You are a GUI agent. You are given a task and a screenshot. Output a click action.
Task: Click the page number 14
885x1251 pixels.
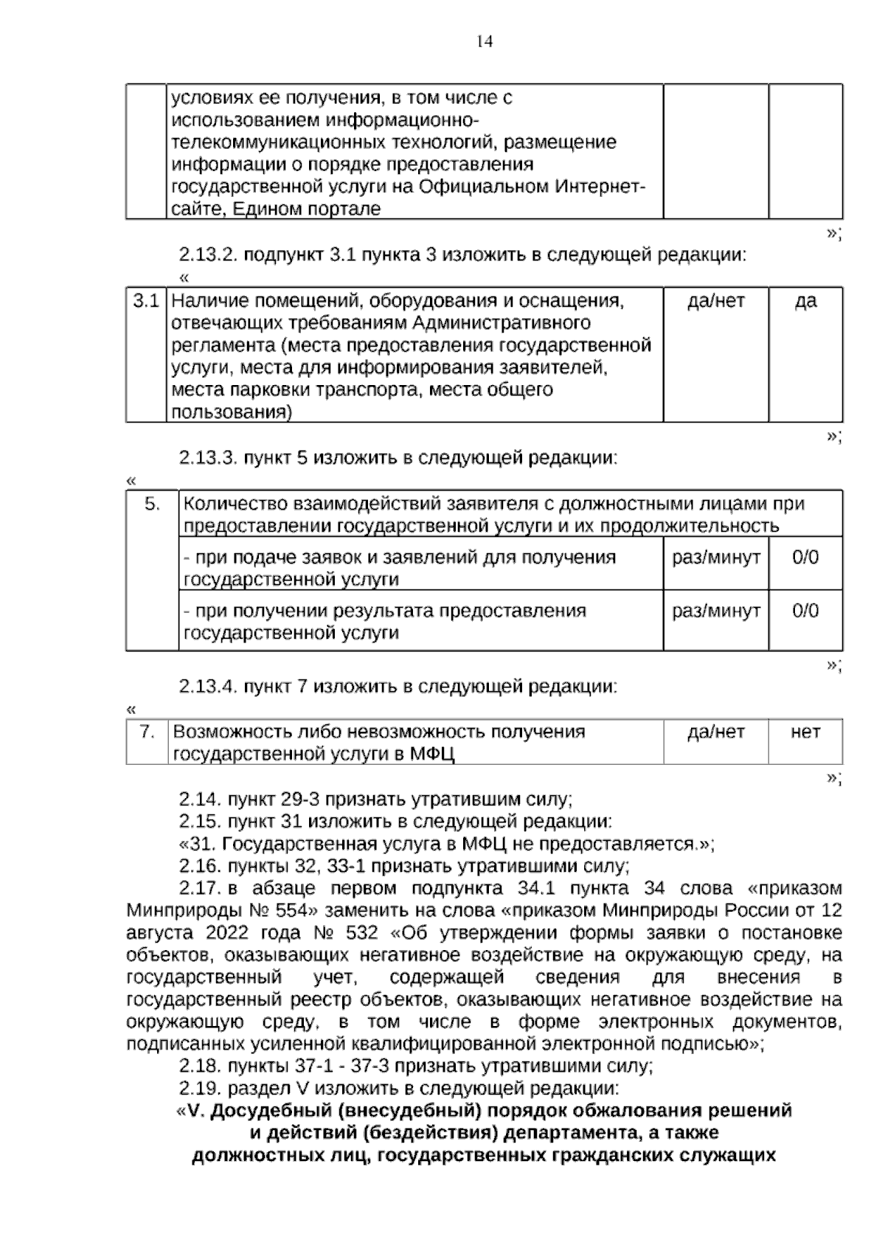(x=484, y=41)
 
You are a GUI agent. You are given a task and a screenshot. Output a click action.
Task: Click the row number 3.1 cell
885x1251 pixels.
(x=146, y=301)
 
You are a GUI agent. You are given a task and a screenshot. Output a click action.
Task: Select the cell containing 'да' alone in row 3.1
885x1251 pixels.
(x=805, y=301)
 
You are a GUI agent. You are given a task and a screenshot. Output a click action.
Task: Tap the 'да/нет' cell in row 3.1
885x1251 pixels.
(x=715, y=301)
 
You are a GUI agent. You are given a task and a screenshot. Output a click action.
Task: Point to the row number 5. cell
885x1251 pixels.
(x=152, y=505)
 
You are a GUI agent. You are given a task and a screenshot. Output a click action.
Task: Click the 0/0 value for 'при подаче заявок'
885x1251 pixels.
(x=805, y=558)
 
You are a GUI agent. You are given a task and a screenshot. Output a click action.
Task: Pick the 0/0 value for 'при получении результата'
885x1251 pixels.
(x=805, y=611)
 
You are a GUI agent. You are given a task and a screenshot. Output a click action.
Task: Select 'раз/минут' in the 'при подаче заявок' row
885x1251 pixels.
(x=715, y=558)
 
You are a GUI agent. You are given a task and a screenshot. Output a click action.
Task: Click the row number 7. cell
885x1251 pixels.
(x=147, y=732)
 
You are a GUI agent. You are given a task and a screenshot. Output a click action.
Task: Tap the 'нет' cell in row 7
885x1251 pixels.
(x=805, y=732)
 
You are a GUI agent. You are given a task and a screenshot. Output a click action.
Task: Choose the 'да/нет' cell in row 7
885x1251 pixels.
(x=715, y=732)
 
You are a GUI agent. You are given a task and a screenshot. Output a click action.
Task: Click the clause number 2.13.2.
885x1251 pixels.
(x=208, y=255)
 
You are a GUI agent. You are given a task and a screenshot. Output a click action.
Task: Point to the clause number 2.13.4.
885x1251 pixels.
(x=208, y=686)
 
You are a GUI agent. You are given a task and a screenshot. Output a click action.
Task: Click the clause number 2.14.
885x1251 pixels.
(x=199, y=799)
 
